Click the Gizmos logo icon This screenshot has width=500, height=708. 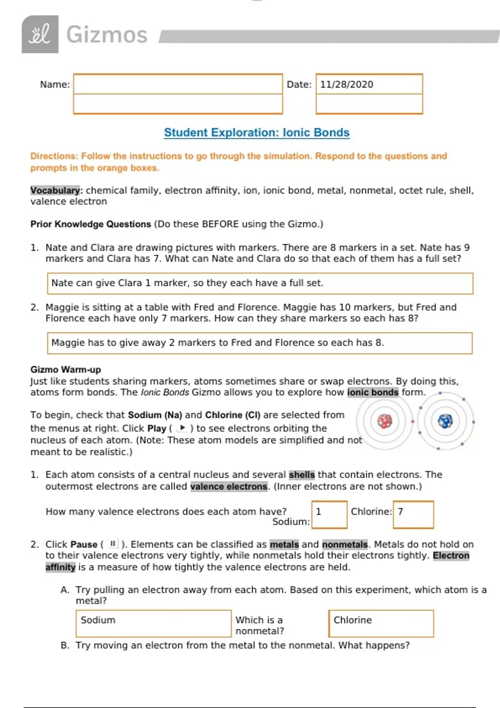coord(40,34)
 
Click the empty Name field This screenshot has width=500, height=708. coord(178,85)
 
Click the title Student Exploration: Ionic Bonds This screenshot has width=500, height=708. coord(257,132)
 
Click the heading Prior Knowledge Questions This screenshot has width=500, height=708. coord(90,224)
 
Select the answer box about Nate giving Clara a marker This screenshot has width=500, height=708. coord(260,283)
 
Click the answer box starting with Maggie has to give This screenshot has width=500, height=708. coord(260,343)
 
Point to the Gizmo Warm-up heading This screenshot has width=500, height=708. coord(65,369)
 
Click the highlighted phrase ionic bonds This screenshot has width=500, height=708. coord(373,392)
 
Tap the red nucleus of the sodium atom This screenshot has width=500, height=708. coord(385,421)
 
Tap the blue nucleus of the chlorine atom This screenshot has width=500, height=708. coord(445,421)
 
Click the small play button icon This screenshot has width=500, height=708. coord(182,428)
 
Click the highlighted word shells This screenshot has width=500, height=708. coord(302,475)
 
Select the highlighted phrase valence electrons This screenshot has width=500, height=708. coord(229,486)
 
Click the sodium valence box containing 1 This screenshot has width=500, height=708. coord(329,514)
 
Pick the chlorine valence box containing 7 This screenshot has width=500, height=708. coord(413,514)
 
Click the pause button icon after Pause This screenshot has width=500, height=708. coord(112,544)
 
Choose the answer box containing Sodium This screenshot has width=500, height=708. coord(153,623)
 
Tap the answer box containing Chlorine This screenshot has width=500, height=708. coord(381,623)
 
